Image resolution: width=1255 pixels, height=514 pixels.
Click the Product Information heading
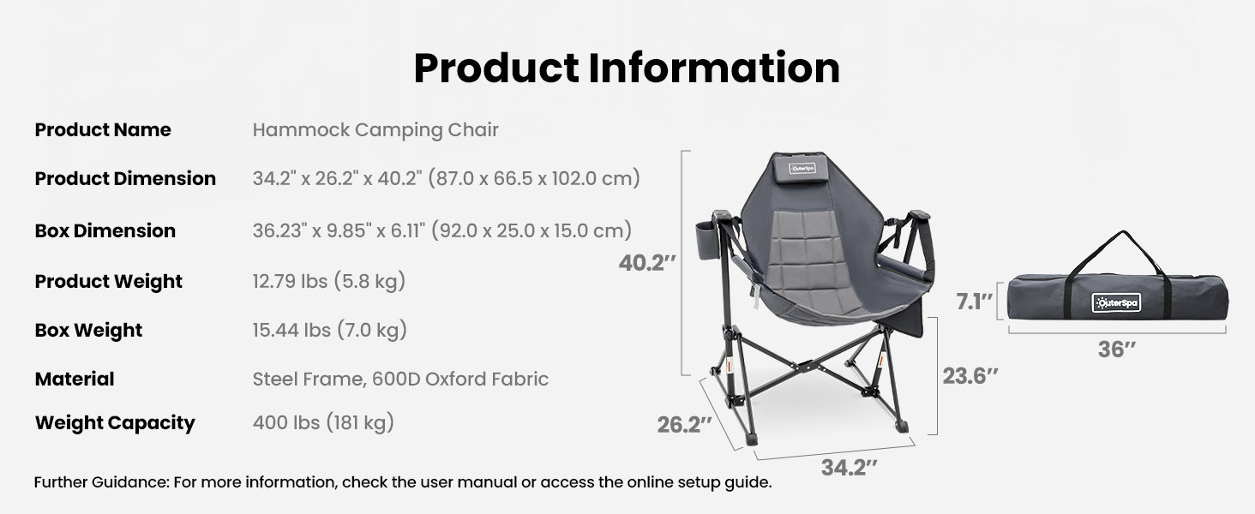click(627, 69)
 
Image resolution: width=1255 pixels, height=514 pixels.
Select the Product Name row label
click(103, 130)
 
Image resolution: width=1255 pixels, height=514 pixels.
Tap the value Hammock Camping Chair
click(375, 130)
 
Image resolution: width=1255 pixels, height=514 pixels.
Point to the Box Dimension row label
click(105, 231)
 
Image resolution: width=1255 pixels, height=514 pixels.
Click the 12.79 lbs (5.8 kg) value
click(329, 281)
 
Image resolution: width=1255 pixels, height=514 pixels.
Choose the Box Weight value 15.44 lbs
click(330, 330)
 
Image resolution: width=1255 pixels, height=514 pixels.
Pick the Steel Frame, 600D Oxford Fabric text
click(400, 379)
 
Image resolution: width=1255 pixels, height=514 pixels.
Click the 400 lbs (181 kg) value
click(323, 422)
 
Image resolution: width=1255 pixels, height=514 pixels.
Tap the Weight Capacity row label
click(115, 423)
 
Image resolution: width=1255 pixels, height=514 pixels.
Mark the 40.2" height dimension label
click(647, 263)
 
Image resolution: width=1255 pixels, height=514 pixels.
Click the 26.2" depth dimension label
click(685, 424)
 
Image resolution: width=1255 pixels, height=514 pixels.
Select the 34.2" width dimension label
click(850, 467)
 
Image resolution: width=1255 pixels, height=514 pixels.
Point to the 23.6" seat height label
click(970, 375)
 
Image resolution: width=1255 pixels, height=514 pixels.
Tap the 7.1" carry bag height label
click(975, 302)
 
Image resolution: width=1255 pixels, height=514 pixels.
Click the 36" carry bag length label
click(1117, 350)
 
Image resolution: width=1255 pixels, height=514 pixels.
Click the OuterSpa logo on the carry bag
click(1116, 302)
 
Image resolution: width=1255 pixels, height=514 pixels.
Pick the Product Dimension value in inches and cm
click(447, 179)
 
